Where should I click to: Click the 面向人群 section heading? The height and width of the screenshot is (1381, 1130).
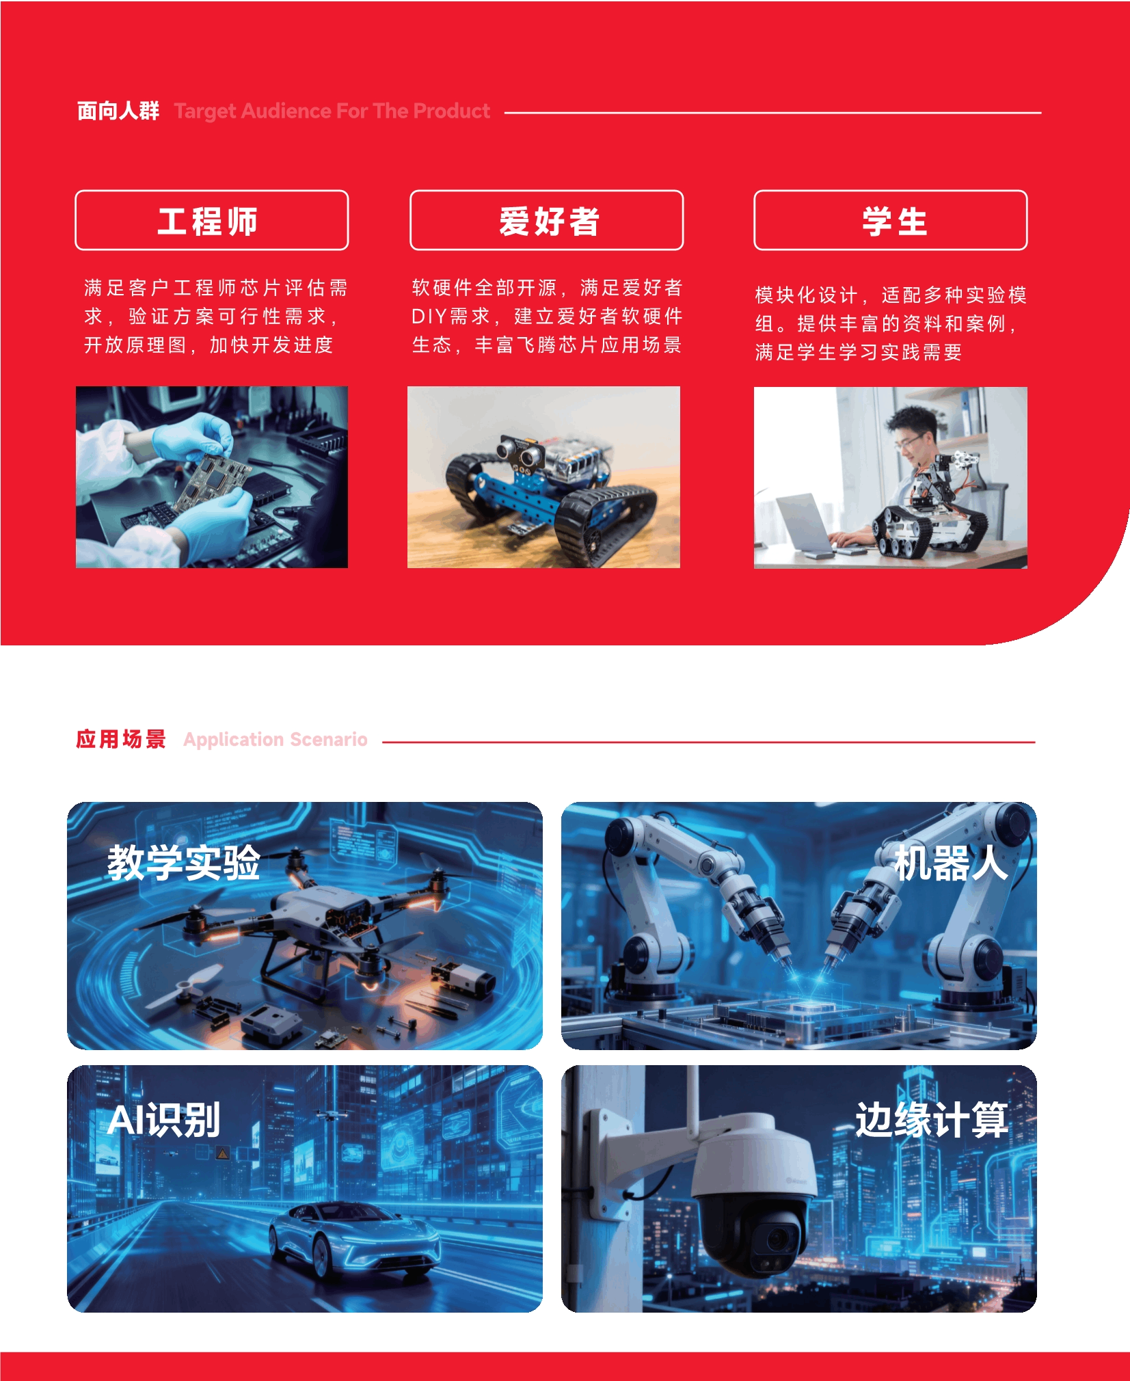point(118,111)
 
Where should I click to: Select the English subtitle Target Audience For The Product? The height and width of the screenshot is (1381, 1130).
point(332,111)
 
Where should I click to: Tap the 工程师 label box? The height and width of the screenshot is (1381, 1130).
point(211,220)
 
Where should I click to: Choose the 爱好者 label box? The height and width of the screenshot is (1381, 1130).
point(546,220)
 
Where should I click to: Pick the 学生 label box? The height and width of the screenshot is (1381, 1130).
point(890,220)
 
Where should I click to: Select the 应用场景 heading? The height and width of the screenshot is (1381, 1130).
point(121,739)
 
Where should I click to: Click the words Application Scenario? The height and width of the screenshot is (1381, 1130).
point(275,740)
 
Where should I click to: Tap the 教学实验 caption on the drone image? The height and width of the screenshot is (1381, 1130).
point(184,863)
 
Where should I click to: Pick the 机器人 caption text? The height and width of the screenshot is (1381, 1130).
point(951,863)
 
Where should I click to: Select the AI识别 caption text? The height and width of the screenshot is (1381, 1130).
point(164,1120)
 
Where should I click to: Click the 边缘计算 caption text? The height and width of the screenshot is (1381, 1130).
point(932,1120)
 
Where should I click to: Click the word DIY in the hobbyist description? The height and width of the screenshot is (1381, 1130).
point(429,317)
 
